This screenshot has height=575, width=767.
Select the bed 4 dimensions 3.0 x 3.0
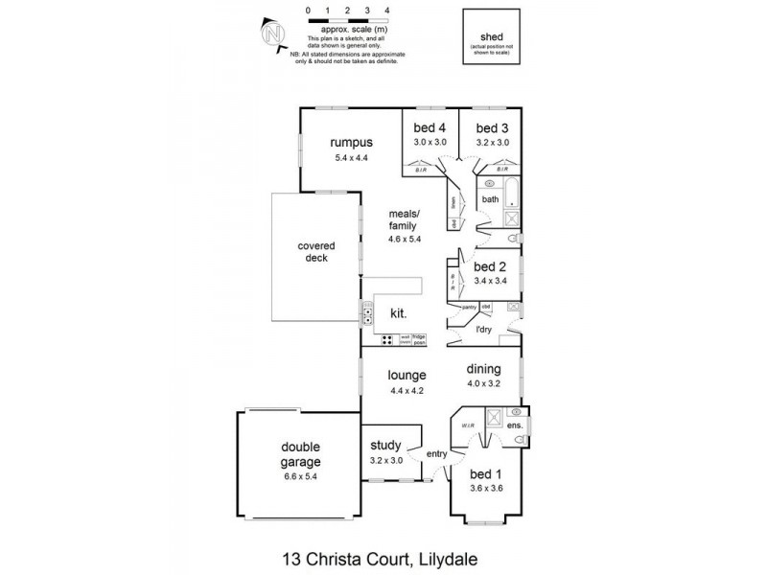click(x=430, y=142)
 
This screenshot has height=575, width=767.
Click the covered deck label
click(x=314, y=251)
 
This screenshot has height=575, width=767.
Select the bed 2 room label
click(x=490, y=266)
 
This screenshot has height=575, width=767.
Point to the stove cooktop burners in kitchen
click(x=387, y=338)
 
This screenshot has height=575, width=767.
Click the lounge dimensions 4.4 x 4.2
click(x=407, y=390)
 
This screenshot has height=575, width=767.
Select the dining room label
click(x=484, y=368)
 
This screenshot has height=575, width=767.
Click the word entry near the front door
click(x=437, y=454)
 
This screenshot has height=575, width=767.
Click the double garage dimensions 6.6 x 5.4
click(x=300, y=475)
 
